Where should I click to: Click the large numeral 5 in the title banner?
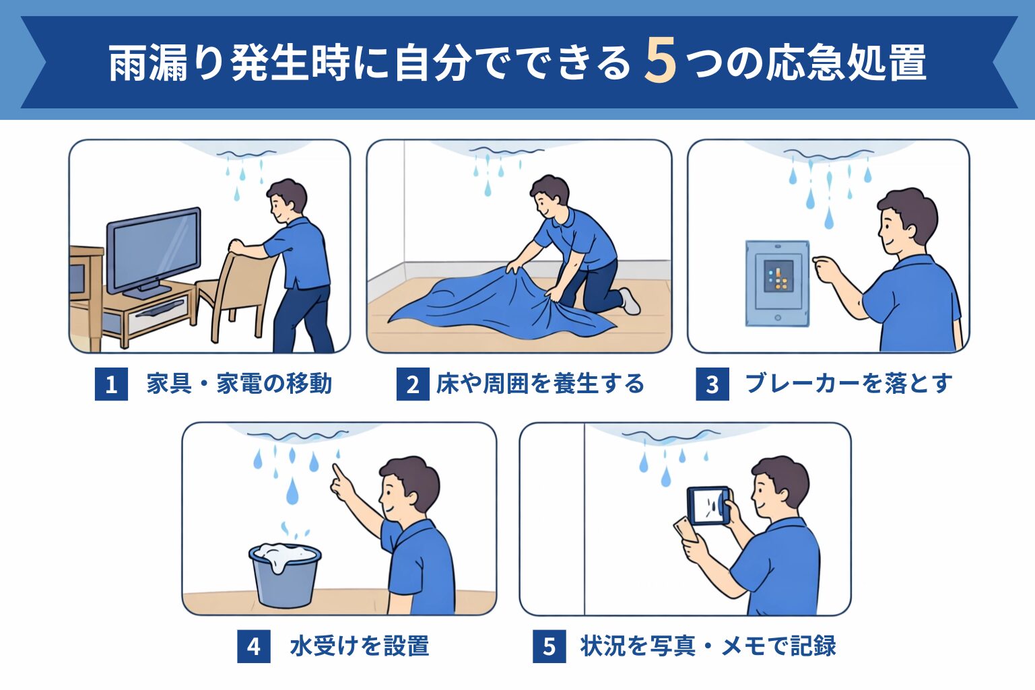coord(661,61)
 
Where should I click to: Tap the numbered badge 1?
coord(111,384)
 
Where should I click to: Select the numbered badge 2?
coord(413,384)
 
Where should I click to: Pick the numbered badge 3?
coord(712,384)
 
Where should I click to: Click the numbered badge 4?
coord(254,646)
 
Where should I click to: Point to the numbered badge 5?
coord(549,646)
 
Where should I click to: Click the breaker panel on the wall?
coord(778,283)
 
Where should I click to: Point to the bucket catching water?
coord(285,574)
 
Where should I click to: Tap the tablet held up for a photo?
coord(708,506)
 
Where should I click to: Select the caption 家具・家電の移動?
coord(239,384)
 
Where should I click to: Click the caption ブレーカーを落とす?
coord(848,384)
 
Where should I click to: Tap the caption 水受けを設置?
coord(360,646)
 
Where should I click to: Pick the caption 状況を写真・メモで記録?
coord(708,646)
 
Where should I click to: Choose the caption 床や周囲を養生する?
coord(540,384)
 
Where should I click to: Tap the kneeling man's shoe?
coord(630,300)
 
